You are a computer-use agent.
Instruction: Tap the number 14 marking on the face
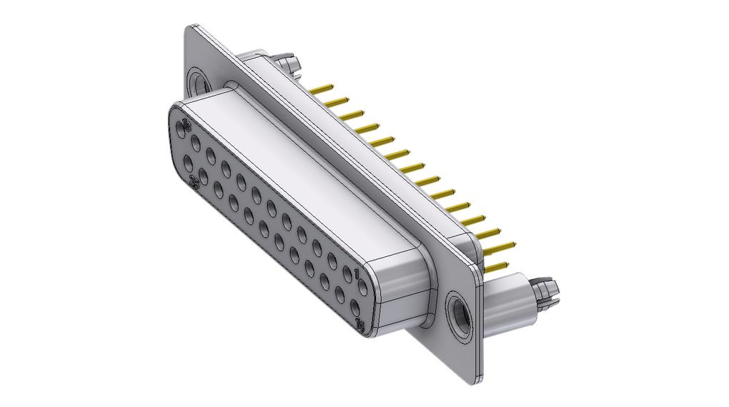pos(362,326)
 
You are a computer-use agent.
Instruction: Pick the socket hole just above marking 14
pos(355,308)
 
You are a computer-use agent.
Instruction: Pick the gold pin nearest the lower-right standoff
pos(497,267)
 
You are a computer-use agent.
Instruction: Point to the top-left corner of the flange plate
pos(190,28)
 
